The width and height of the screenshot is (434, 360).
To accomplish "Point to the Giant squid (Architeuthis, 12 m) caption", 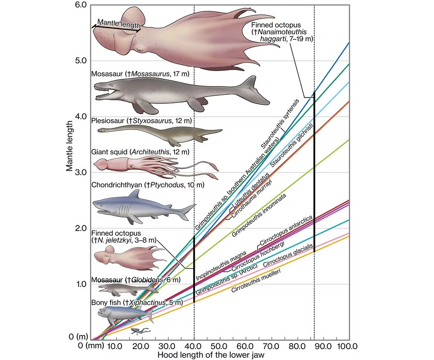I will tap(140, 152).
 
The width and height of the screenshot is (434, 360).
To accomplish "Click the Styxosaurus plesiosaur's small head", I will tap(101, 130).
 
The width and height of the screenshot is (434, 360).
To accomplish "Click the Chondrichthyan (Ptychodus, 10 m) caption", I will tap(148, 185).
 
